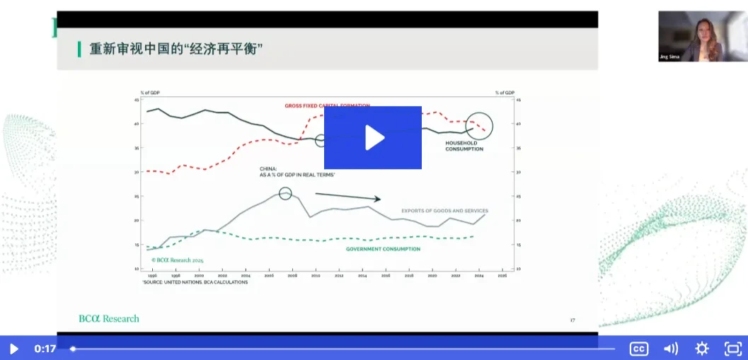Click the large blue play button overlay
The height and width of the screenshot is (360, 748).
coord(373,137)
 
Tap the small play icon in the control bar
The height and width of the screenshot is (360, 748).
coord(13,348)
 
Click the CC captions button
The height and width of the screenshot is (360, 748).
coord(639,348)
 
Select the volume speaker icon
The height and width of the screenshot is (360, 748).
coord(670,348)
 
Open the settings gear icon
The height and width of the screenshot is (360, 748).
coord(701,348)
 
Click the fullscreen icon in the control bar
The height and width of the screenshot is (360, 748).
coord(733,348)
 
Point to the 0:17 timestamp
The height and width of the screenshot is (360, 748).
coord(45,348)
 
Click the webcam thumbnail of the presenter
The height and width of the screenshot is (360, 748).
coord(693,36)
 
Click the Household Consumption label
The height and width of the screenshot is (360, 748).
coord(464,146)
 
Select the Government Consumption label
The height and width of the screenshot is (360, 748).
coord(383,249)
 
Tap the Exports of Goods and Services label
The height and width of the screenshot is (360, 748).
coord(444,211)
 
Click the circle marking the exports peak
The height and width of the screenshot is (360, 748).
coord(285,193)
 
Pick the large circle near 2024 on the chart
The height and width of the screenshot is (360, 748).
coord(479,126)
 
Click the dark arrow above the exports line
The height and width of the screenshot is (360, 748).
coord(347,196)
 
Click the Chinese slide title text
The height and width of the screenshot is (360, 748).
coord(176,50)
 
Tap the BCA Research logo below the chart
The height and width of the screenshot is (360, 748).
coord(108,318)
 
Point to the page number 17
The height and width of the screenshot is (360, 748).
coord(572,320)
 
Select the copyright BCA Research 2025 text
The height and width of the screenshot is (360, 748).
coord(177,260)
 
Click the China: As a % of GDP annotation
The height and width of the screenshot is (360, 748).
coord(297,171)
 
